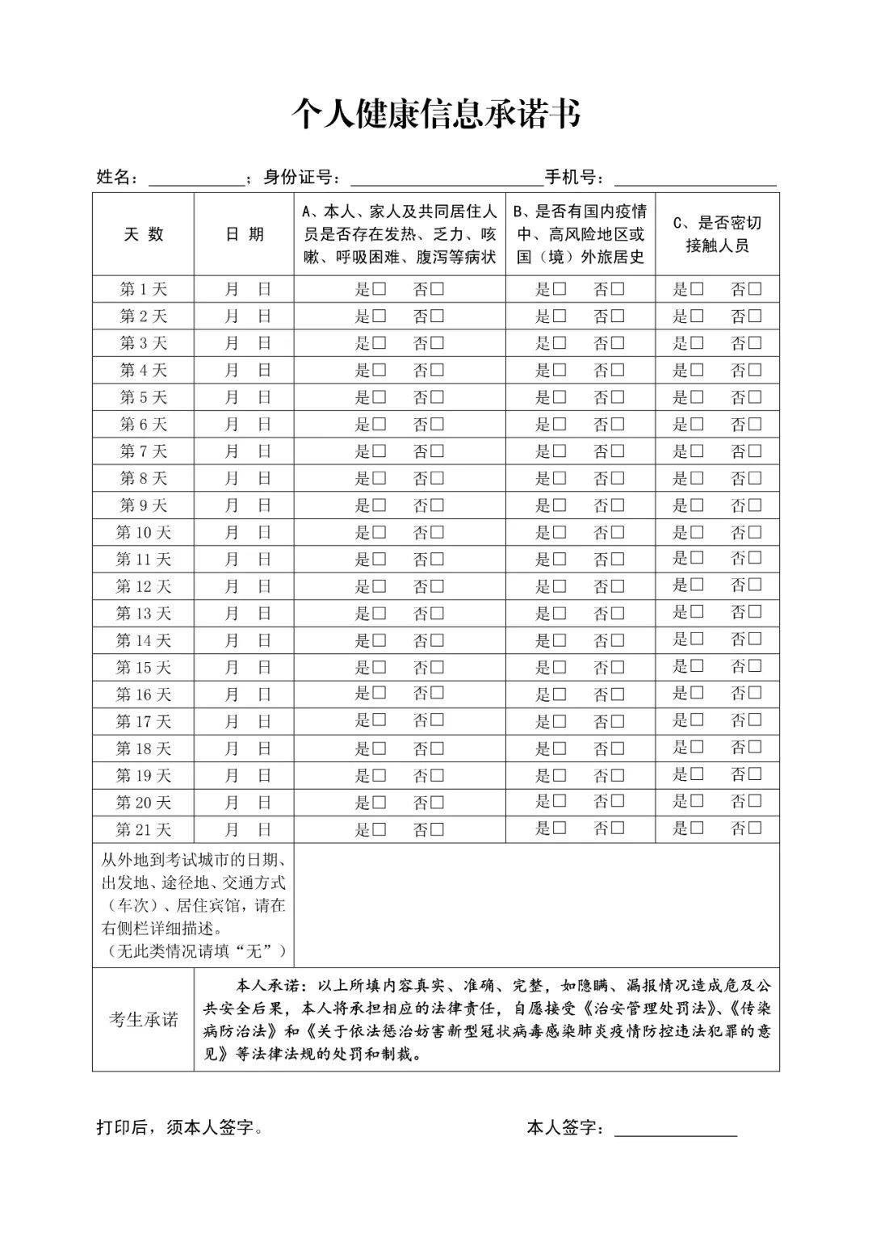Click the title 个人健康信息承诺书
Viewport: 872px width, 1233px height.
(x=435, y=115)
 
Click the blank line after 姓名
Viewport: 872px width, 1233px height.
(x=196, y=179)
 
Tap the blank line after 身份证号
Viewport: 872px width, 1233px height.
(x=446, y=179)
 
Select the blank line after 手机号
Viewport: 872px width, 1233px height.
(x=695, y=179)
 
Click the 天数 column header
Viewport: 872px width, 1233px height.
(x=144, y=234)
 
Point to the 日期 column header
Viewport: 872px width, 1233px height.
(x=244, y=234)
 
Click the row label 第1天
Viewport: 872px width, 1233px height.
(x=144, y=289)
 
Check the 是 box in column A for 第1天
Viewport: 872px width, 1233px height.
(x=379, y=289)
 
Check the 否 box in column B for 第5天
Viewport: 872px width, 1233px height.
(x=618, y=397)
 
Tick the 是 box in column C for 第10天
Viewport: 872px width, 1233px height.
(x=697, y=532)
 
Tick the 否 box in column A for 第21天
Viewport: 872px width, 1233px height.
(x=437, y=829)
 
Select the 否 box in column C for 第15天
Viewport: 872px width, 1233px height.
(x=755, y=666)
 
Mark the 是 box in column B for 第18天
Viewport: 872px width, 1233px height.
(x=560, y=749)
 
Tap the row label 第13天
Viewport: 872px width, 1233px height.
(x=144, y=614)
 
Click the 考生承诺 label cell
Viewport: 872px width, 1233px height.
(x=144, y=1020)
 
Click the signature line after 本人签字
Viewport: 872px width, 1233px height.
(x=676, y=1130)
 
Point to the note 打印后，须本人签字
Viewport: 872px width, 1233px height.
(x=179, y=1128)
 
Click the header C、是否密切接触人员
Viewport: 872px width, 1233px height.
(x=717, y=234)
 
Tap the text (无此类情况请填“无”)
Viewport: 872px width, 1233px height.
(x=193, y=951)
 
